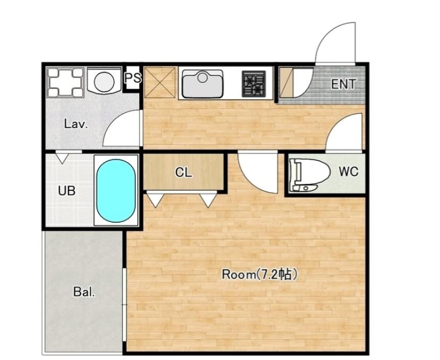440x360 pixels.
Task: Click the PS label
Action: (133, 78)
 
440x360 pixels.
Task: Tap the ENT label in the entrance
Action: (343, 84)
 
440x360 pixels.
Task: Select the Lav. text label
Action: (76, 124)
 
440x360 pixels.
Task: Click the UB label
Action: (67, 191)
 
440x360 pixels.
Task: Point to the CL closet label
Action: (184, 172)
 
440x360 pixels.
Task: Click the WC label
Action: (348, 171)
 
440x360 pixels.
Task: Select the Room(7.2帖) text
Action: (260, 275)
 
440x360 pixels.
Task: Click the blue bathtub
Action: (116, 191)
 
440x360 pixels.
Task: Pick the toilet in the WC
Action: (309, 174)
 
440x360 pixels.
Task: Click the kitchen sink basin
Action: (203, 84)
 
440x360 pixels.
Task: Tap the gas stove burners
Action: (254, 84)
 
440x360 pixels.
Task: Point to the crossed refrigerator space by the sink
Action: (160, 82)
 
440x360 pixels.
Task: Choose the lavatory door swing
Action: (120, 128)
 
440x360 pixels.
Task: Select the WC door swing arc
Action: (344, 132)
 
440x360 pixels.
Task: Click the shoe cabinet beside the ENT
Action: (287, 82)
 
